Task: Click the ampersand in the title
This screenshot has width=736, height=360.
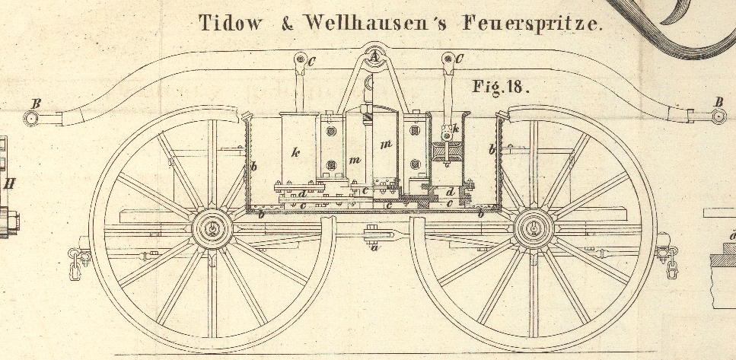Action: [x=287, y=24]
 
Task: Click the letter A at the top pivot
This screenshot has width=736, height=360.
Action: [x=374, y=55]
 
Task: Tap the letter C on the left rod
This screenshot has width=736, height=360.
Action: [x=312, y=59]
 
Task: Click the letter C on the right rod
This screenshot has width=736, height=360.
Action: [x=459, y=59]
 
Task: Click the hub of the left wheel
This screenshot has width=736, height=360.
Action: [x=212, y=228]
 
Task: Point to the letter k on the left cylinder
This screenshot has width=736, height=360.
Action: [x=295, y=151]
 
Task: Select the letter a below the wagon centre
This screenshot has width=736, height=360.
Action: [x=374, y=247]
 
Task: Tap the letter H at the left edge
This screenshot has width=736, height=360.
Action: [x=10, y=183]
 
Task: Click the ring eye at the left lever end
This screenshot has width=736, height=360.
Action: [x=31, y=118]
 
